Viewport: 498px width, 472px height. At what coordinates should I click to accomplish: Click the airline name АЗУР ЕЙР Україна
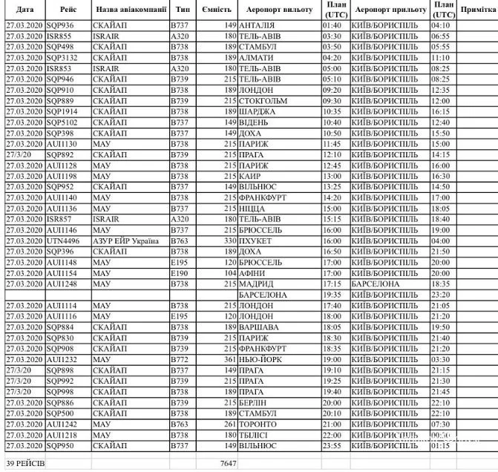(126, 240)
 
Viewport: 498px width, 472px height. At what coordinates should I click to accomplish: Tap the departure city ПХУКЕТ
(257, 240)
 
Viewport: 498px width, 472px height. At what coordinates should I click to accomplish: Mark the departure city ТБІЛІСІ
(257, 434)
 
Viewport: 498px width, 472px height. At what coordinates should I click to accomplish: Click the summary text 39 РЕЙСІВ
(25, 463)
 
